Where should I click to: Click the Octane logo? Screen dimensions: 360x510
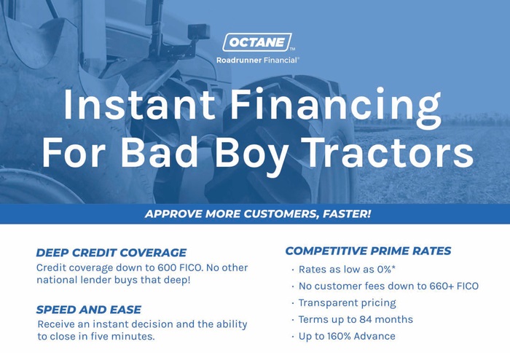(x=257, y=42)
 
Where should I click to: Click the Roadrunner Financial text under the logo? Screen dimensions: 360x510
(x=257, y=60)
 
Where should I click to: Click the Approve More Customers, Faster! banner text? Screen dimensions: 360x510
(x=257, y=214)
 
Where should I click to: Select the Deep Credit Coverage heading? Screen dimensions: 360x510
(x=111, y=253)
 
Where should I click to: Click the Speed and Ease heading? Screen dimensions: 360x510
(x=88, y=310)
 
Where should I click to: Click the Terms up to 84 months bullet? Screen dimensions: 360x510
(x=356, y=319)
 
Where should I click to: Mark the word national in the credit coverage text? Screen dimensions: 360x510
(x=56, y=281)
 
